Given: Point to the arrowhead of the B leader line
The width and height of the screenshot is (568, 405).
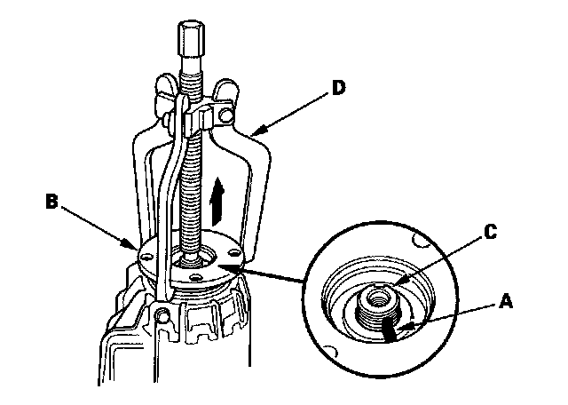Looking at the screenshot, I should [134, 248].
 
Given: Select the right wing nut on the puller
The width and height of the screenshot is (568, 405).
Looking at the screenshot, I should [229, 88].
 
